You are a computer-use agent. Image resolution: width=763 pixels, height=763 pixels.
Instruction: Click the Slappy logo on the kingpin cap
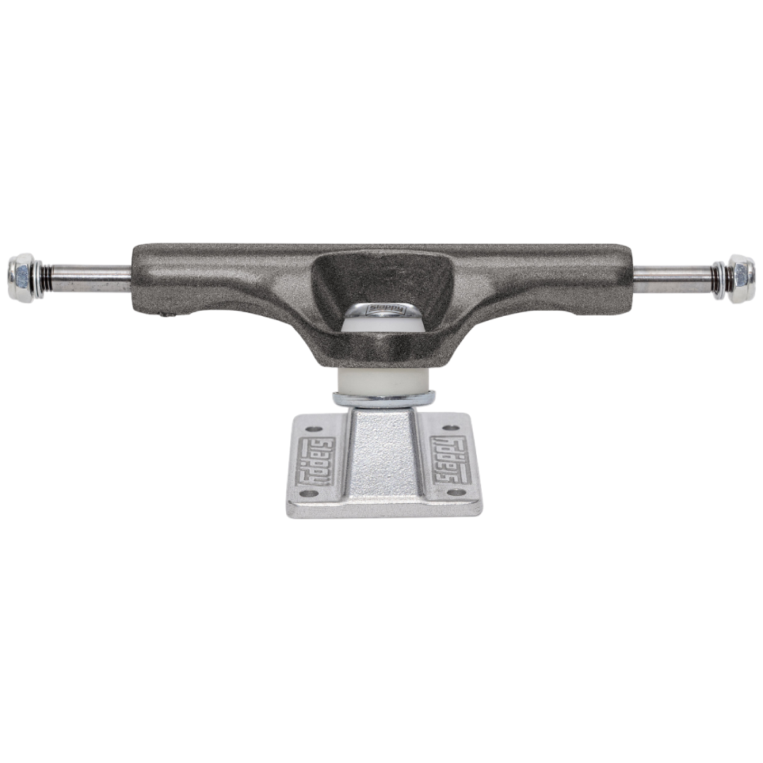point(381,310)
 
